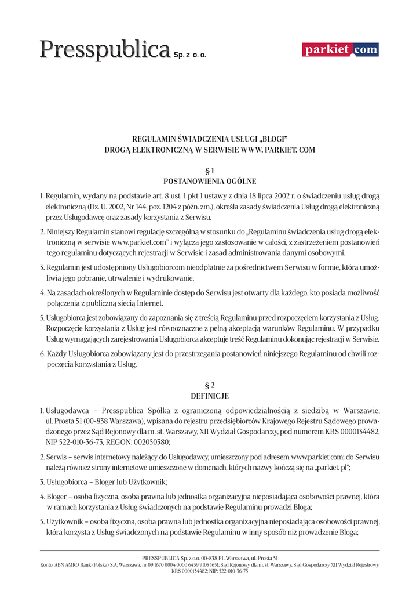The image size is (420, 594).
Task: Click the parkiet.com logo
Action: pos(340,50)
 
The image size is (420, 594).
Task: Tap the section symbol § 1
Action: pos(210,171)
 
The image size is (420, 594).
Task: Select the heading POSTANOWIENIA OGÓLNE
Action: pos(210,181)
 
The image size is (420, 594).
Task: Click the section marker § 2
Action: pos(210,385)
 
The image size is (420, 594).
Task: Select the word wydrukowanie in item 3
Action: pos(156,278)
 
